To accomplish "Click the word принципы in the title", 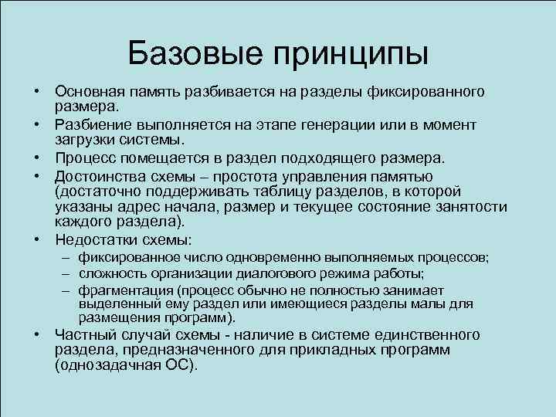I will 352,54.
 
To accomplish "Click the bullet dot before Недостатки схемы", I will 37,239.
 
